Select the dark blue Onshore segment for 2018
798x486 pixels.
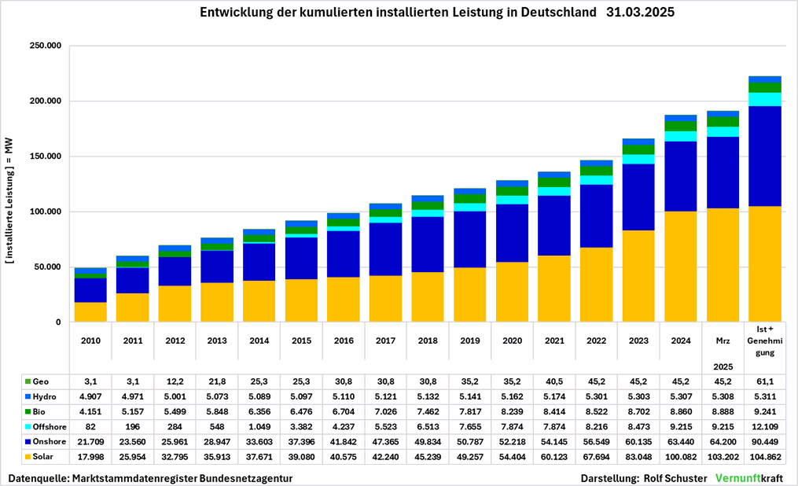427,244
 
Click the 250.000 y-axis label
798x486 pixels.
45,46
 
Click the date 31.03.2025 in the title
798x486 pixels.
641,13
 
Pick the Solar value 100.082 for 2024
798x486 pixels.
681,458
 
